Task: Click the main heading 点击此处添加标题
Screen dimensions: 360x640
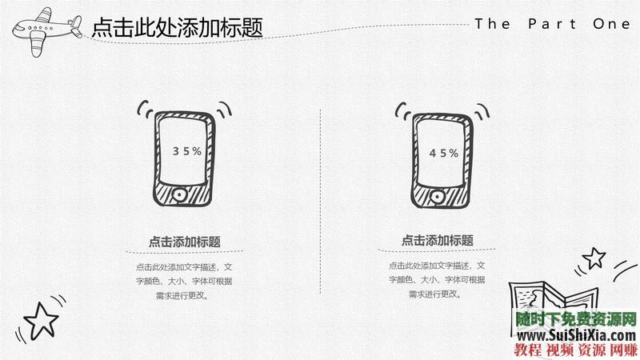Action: [178, 28]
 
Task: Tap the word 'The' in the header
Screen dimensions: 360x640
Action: [493, 24]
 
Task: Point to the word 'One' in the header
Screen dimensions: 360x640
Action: [612, 24]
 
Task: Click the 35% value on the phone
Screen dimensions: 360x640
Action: [186, 150]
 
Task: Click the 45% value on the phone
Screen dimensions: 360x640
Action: [444, 153]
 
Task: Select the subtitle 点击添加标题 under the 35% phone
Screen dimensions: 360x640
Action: [185, 242]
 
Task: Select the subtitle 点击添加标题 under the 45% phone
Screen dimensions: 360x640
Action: [438, 240]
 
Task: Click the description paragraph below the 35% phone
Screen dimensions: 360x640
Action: [185, 280]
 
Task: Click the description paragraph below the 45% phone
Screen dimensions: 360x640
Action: [438, 280]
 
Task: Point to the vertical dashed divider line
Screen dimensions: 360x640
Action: [321, 200]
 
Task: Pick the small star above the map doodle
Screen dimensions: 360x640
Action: [594, 257]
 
